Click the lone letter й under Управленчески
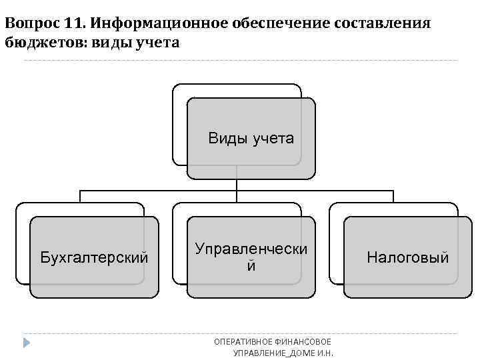click(x=251, y=266)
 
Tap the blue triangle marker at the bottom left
click(x=27, y=343)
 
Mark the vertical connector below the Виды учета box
click(x=237, y=185)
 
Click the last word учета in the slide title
click(x=157, y=42)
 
